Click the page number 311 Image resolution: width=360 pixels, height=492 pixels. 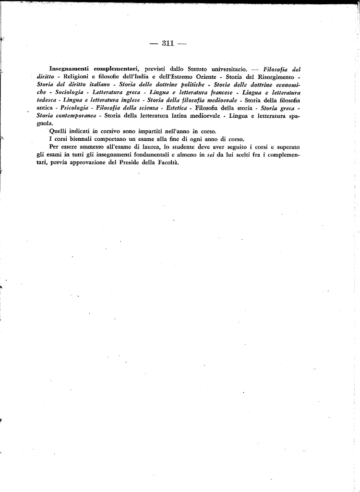(x=168, y=43)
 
